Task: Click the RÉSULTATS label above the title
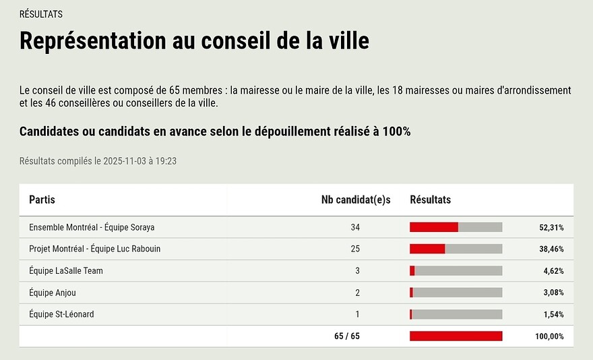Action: click(x=41, y=14)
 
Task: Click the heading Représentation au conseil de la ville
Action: click(x=194, y=41)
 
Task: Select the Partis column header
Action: click(x=42, y=200)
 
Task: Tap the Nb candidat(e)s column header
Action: click(x=356, y=200)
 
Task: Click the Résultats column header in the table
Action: click(x=430, y=200)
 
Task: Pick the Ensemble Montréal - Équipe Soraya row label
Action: click(x=92, y=227)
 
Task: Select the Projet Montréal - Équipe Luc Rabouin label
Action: click(x=94, y=249)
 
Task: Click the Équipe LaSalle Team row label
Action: click(x=66, y=271)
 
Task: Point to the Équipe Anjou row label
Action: click(x=53, y=293)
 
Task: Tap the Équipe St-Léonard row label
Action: click(x=61, y=314)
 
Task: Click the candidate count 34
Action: click(x=355, y=227)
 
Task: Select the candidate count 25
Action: click(x=355, y=249)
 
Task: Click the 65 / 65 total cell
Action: click(x=346, y=336)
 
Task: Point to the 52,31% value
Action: click(x=551, y=228)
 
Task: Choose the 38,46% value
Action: click(x=551, y=249)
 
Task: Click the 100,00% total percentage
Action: click(x=549, y=336)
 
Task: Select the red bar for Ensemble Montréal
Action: click(x=434, y=227)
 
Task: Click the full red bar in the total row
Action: click(x=456, y=336)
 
